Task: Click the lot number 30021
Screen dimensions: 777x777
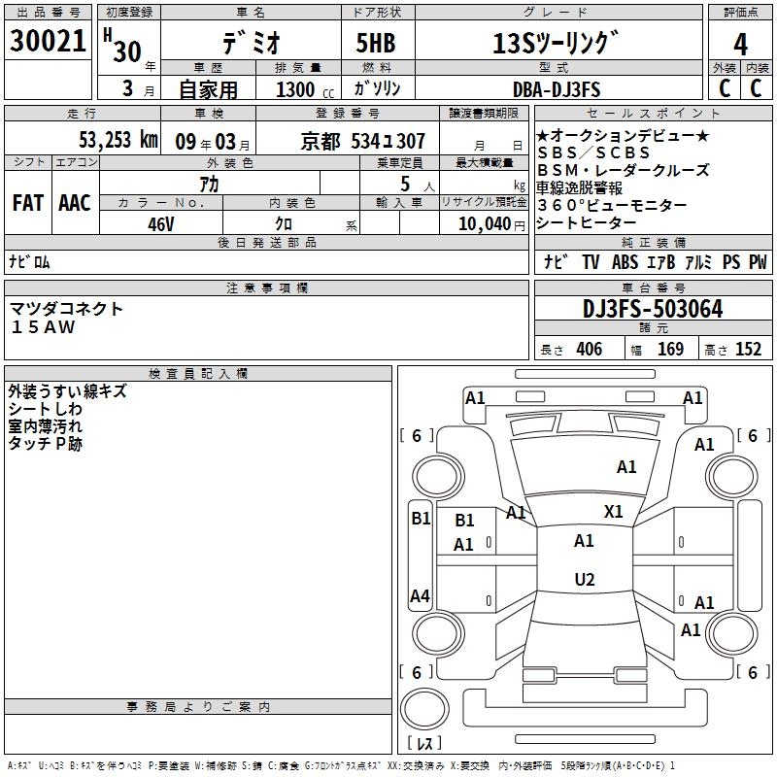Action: (x=50, y=42)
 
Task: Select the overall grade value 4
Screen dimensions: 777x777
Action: (x=740, y=44)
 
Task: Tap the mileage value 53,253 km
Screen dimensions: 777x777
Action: (x=117, y=140)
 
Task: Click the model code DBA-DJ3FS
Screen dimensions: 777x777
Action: (x=557, y=89)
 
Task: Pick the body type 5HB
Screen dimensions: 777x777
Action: (x=369, y=44)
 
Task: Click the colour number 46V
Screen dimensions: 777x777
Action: (x=160, y=222)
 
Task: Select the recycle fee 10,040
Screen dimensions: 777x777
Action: (x=483, y=222)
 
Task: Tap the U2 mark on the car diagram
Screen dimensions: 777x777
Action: (x=584, y=580)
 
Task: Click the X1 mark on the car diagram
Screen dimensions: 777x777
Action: (x=614, y=512)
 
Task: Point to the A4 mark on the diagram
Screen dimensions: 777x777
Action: (x=420, y=596)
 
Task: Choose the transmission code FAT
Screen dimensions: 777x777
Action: (x=27, y=203)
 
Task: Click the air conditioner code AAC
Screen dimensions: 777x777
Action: (x=75, y=203)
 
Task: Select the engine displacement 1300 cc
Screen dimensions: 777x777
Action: (x=304, y=89)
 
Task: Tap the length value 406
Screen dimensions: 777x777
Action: (x=589, y=350)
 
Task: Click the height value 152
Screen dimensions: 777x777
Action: (x=747, y=350)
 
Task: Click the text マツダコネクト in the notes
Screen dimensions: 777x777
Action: (x=67, y=308)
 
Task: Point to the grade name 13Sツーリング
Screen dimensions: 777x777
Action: (x=555, y=44)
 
